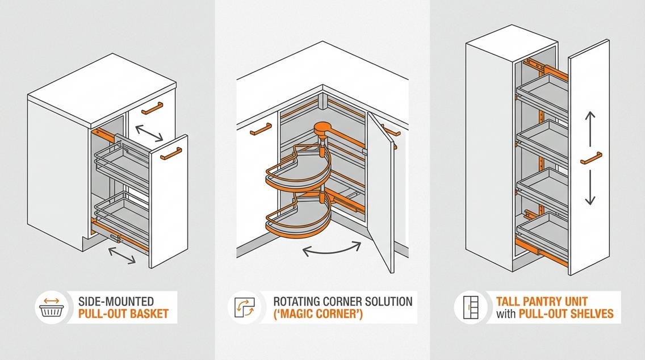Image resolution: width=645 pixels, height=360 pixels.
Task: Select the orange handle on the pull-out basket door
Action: coord(170,153)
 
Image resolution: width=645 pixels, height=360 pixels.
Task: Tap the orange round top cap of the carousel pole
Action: coord(324,128)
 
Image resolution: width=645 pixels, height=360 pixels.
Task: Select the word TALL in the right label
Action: coord(509,301)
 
